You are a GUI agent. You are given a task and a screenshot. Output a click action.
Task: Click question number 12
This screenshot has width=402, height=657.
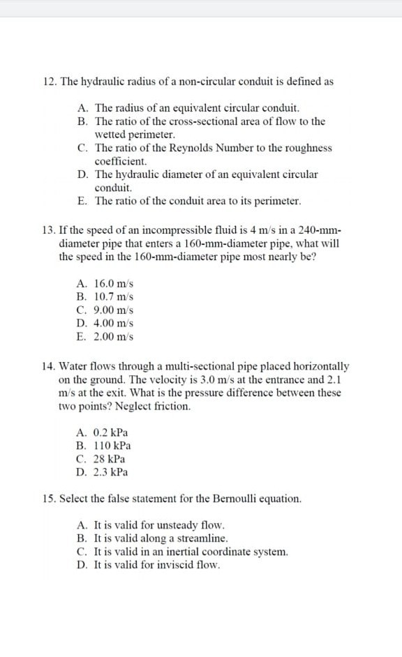[x=48, y=82]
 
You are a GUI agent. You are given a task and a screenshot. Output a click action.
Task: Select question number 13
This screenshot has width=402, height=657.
[x=48, y=231]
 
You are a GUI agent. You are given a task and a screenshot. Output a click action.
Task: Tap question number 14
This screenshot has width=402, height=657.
[x=48, y=366]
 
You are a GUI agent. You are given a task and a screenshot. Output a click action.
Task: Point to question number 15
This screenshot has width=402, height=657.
[x=48, y=499]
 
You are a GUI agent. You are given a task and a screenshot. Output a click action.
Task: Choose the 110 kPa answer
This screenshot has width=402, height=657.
[x=112, y=446]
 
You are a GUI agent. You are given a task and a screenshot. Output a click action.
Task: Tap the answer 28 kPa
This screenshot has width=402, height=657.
[x=110, y=459]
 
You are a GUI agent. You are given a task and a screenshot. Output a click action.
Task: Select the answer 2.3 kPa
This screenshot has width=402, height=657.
[x=112, y=472]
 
